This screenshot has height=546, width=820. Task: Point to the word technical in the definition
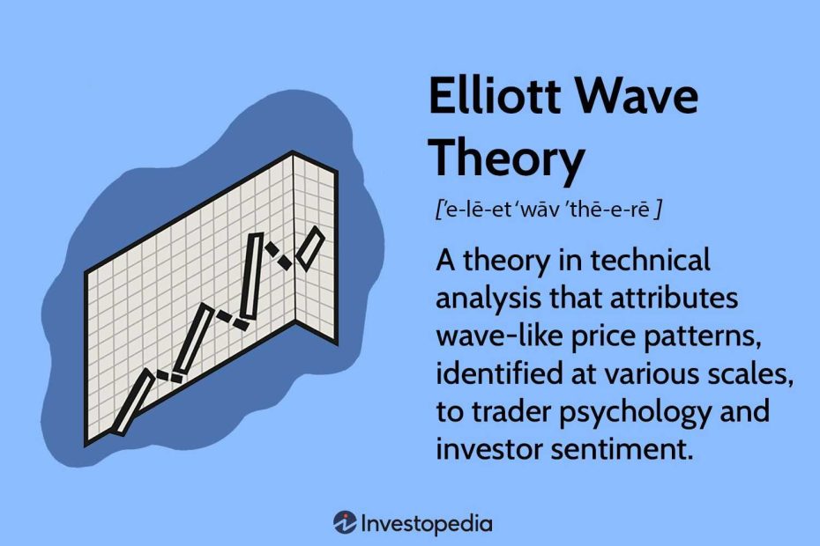(x=650, y=260)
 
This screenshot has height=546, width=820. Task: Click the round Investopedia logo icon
(x=345, y=522)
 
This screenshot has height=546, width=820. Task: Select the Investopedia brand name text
(x=427, y=524)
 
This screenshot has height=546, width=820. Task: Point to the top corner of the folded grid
(x=292, y=151)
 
